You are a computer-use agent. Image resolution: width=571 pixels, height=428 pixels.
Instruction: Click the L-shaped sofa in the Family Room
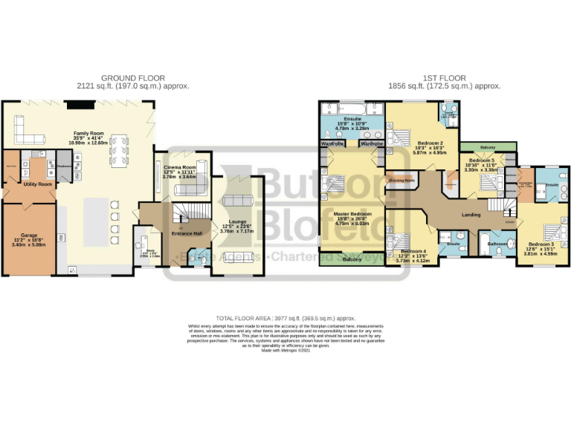pos(30,132)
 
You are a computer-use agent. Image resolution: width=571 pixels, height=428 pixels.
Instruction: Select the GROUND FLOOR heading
pos(133,78)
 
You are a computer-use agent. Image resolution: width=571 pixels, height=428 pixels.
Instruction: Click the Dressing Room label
pos(401,181)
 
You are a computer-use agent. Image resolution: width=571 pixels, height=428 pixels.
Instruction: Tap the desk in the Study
pos(140,245)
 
